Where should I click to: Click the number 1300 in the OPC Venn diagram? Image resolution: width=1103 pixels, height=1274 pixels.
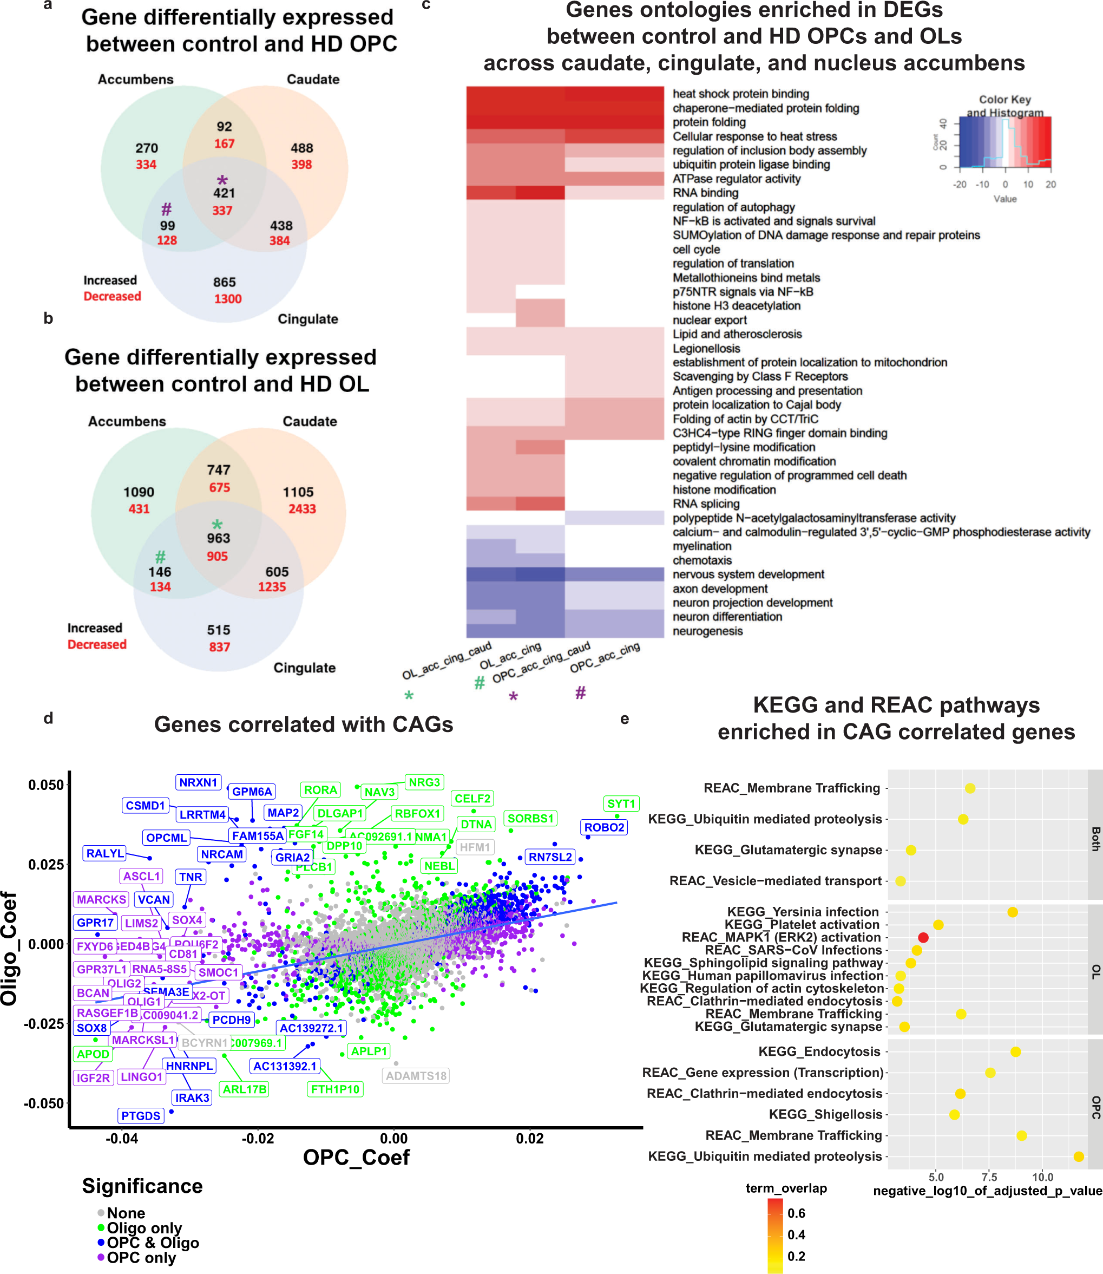click(x=227, y=299)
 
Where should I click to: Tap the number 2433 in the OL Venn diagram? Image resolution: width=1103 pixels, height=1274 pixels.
click(x=301, y=508)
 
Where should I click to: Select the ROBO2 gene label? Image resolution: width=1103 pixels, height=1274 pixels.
click(x=604, y=827)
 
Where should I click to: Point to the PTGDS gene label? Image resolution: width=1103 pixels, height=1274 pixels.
click(x=140, y=1116)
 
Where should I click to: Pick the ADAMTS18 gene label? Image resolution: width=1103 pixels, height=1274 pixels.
click(x=416, y=1076)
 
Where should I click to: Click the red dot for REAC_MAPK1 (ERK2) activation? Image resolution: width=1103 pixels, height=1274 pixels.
click(x=923, y=937)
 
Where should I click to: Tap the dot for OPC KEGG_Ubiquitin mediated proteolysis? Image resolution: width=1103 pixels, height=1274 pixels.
click(x=1079, y=1157)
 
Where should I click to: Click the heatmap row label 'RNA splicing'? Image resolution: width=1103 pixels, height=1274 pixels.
click(x=705, y=504)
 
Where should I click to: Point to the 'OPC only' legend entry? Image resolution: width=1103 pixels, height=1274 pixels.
click(x=141, y=1257)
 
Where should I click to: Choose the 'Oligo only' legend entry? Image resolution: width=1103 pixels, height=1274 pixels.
click(x=144, y=1228)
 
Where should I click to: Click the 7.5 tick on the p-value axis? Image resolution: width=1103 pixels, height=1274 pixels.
click(x=989, y=1177)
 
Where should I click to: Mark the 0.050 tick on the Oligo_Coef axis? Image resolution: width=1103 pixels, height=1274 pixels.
click(x=45, y=785)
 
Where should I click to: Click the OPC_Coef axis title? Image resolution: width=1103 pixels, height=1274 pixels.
click(x=356, y=1157)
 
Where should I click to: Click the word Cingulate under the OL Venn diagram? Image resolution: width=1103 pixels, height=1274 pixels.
click(x=304, y=668)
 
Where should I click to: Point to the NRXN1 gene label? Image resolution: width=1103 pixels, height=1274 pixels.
click(x=198, y=782)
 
